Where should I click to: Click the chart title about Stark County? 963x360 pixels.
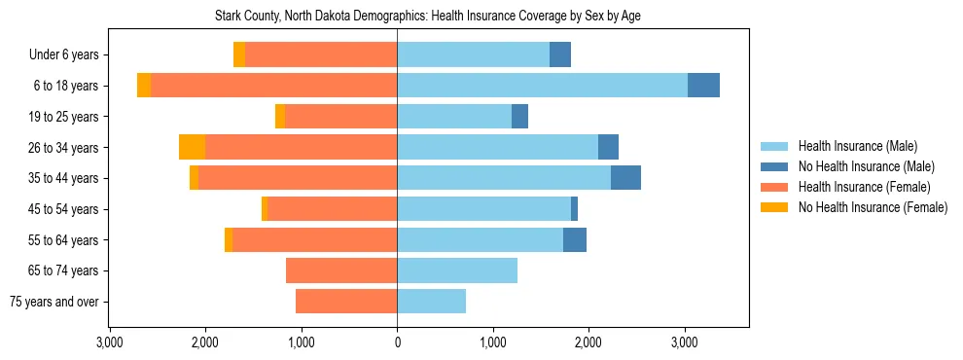[x=427, y=17]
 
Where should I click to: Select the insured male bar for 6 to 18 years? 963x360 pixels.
[x=542, y=86]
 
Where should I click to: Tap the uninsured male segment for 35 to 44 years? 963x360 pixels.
[x=625, y=178]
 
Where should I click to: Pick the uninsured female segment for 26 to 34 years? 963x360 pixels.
[x=192, y=147]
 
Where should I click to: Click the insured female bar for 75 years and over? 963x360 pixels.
[x=346, y=302]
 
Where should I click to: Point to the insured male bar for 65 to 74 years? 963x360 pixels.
[x=457, y=270]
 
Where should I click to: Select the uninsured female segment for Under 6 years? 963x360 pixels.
[x=239, y=54]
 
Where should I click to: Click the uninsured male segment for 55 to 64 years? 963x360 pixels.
[x=575, y=239]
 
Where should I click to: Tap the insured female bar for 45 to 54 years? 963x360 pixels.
[x=332, y=208]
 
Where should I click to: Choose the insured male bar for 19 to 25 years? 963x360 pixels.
[x=454, y=117]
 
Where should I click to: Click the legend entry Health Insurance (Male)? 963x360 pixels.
[x=857, y=146]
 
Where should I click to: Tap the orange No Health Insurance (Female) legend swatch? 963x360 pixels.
[x=774, y=207]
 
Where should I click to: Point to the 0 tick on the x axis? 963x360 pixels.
[x=397, y=342]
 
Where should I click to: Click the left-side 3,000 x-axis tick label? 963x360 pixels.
[x=109, y=342]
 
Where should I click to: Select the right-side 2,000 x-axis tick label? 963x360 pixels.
[x=588, y=342]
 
